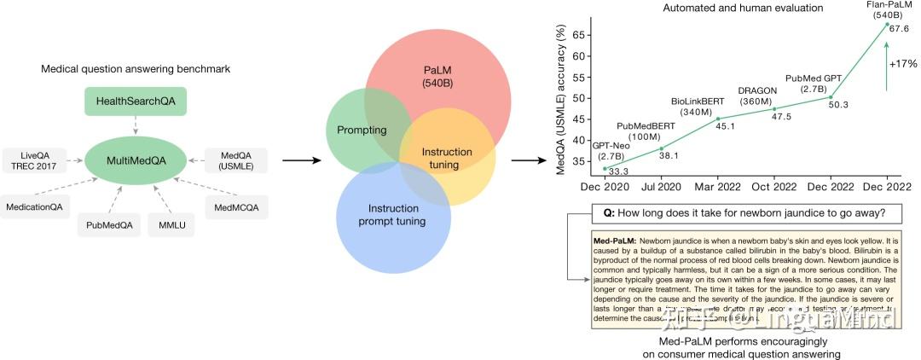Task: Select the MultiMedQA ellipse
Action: pyautogui.click(x=136, y=159)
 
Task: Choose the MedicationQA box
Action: pyautogui.click(x=37, y=206)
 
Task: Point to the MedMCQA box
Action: pyautogui.click(x=235, y=206)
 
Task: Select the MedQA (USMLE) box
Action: pyautogui.click(x=235, y=159)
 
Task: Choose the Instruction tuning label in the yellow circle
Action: pyautogui.click(x=446, y=158)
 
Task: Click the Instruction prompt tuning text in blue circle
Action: pyautogui.click(x=393, y=215)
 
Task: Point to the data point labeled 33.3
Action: pyautogui.click(x=605, y=168)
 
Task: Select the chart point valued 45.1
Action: pyautogui.click(x=718, y=119)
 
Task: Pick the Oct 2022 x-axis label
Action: pyautogui.click(x=773, y=187)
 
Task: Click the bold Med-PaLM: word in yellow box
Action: pyautogui.click(x=614, y=241)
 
